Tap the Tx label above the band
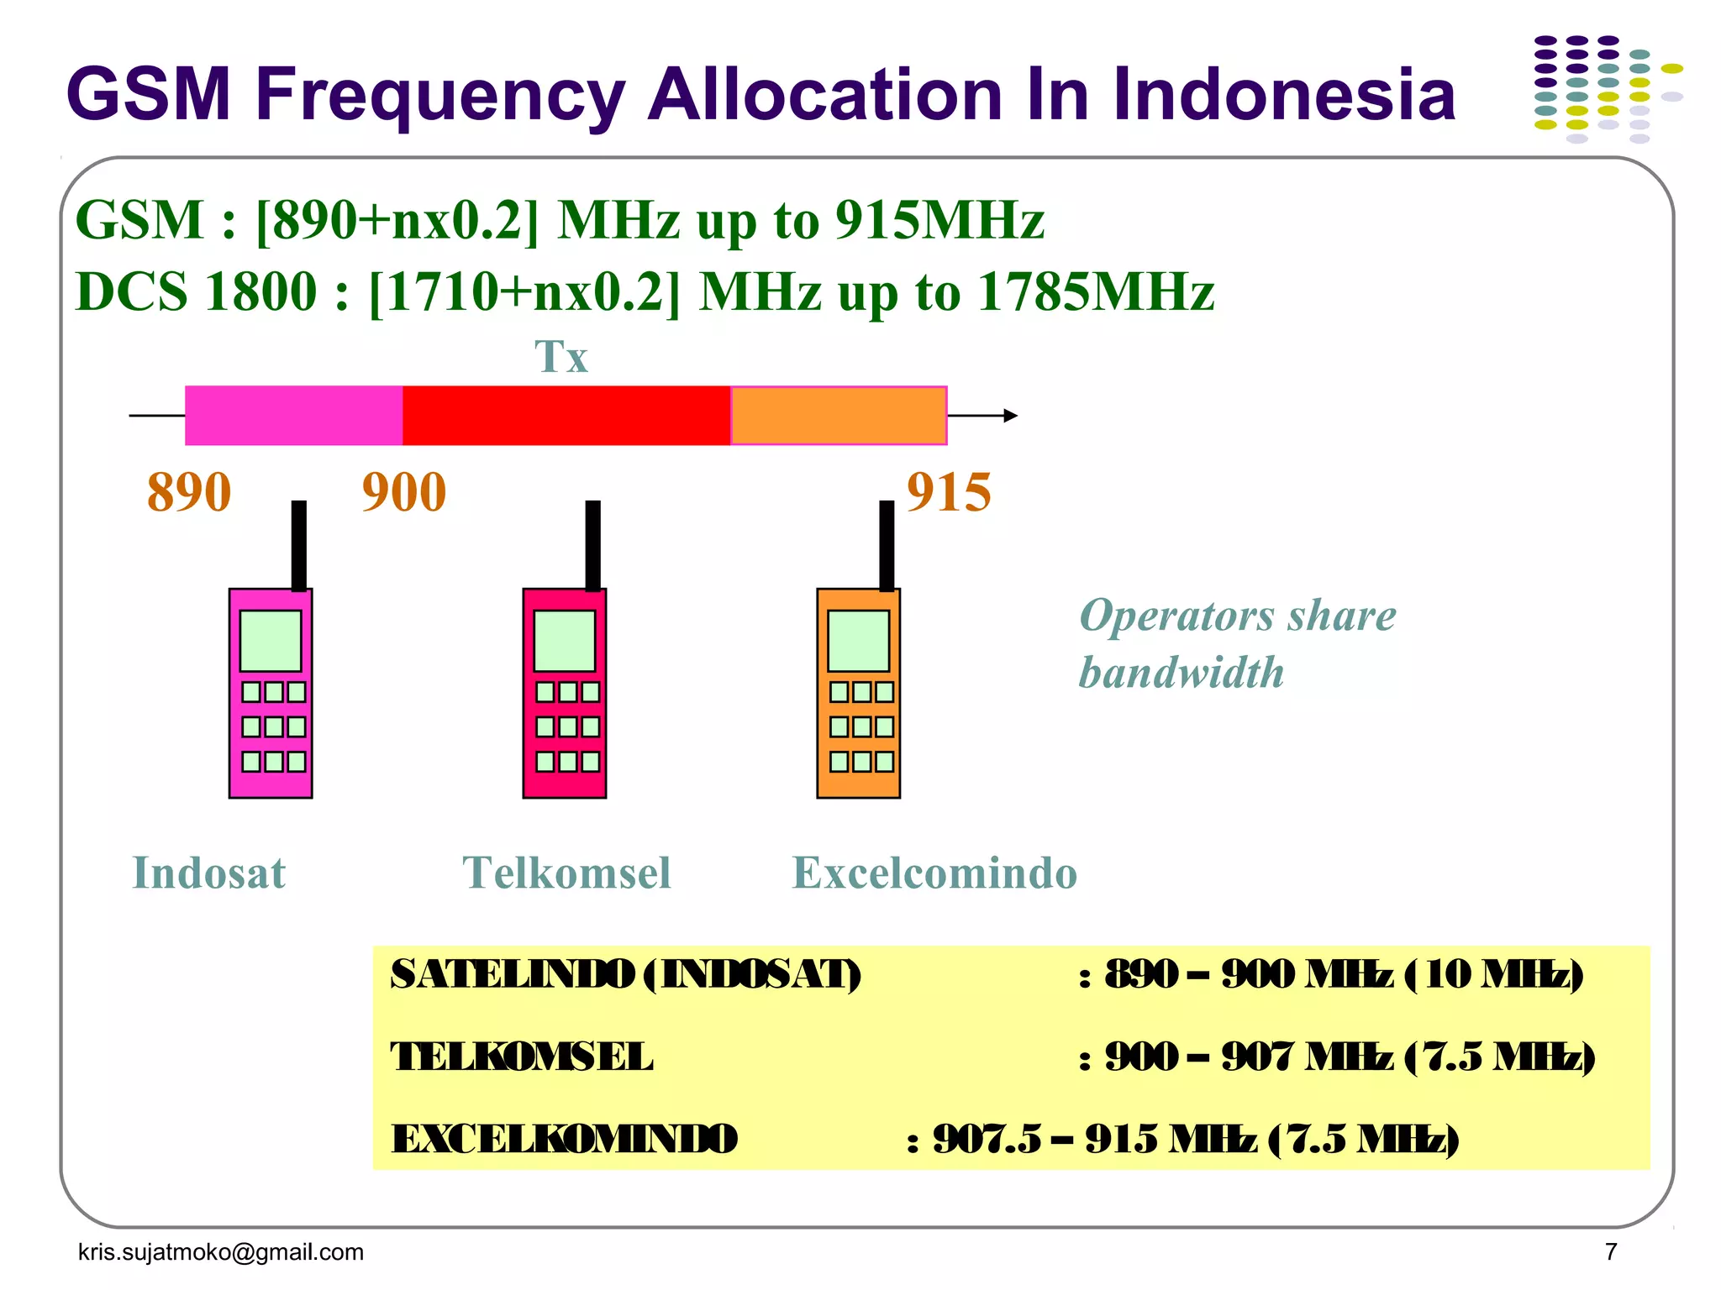point(561,357)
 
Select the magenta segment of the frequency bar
point(294,416)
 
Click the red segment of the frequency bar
point(566,416)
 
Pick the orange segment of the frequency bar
point(839,416)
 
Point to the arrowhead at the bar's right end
point(1011,416)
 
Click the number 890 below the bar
point(189,492)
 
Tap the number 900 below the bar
point(404,492)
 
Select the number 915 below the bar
point(949,492)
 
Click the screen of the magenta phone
point(271,641)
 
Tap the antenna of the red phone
point(593,546)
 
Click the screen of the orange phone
point(858,641)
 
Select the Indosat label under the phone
point(209,873)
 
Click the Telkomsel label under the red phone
point(567,873)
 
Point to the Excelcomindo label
point(934,873)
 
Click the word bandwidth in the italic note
point(1182,673)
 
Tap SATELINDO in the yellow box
point(512,975)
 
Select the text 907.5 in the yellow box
point(987,1140)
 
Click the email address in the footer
point(221,1252)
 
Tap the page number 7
point(1611,1252)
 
